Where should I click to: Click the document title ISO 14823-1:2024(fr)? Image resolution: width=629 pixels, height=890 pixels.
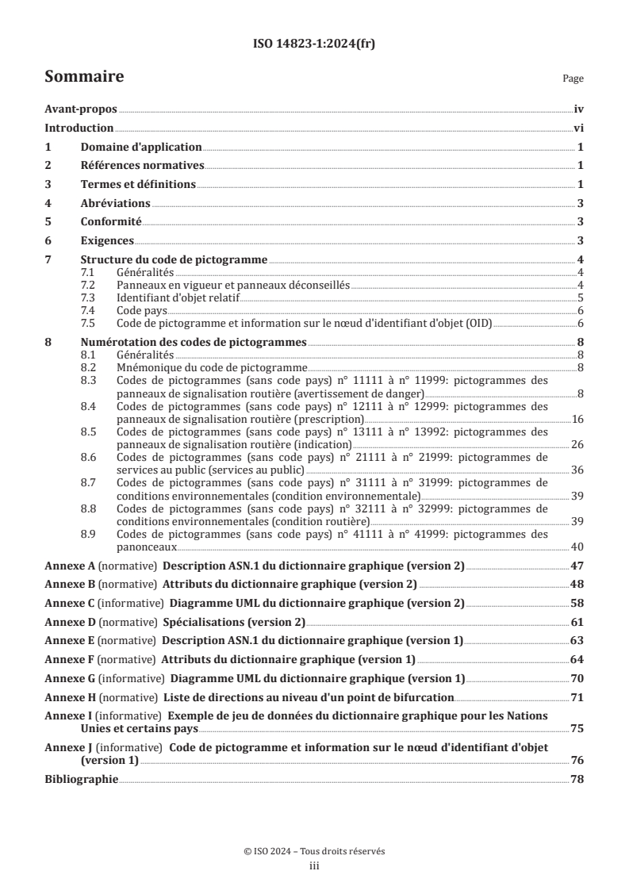(314, 44)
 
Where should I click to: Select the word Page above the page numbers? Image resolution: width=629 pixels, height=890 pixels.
(573, 79)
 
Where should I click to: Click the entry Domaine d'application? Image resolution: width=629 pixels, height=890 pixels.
(141, 148)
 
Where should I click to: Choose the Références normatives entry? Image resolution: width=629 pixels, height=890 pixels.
(143, 166)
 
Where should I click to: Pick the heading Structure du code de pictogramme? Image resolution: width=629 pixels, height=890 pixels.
(175, 259)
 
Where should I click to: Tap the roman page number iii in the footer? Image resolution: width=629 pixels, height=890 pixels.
(314, 866)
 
